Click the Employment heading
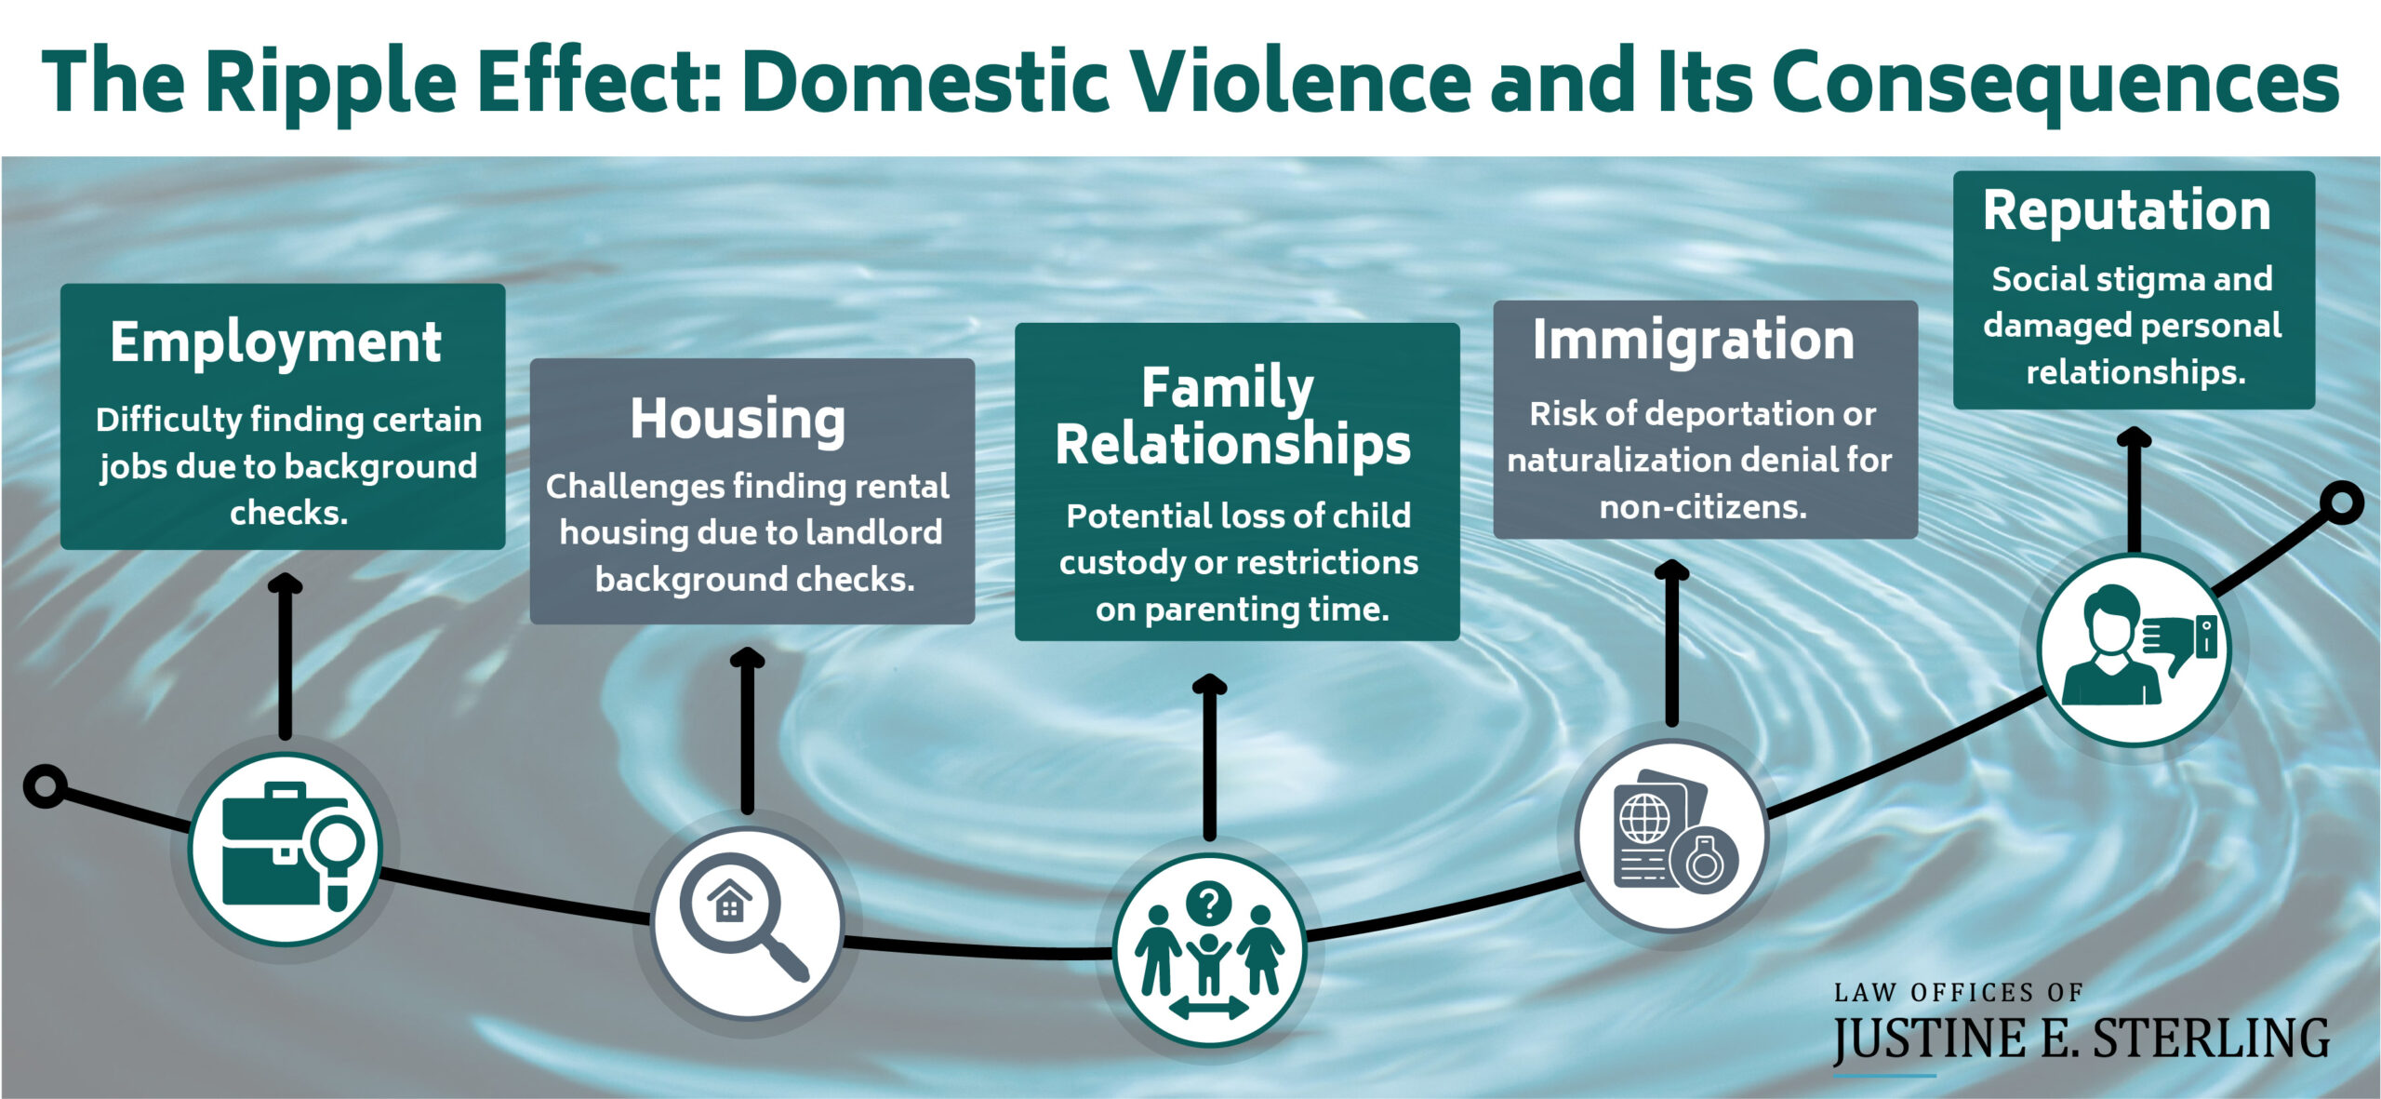point(275,343)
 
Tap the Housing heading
point(738,420)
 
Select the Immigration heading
point(1693,341)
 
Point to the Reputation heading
point(2126,211)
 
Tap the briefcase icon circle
point(286,848)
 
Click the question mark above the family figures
point(1209,902)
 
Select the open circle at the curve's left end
point(45,786)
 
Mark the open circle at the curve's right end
point(2341,503)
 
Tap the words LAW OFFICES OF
point(1958,993)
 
